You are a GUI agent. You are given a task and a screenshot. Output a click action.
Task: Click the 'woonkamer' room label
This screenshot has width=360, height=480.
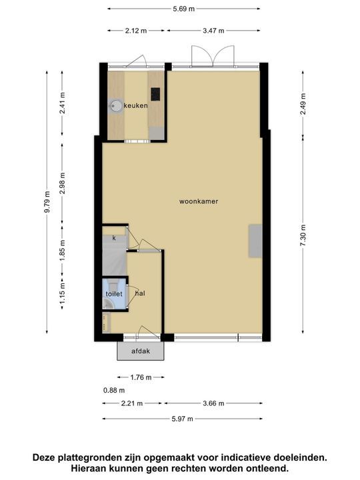click(x=199, y=201)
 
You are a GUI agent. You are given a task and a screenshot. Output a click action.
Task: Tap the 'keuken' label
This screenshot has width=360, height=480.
click(x=135, y=105)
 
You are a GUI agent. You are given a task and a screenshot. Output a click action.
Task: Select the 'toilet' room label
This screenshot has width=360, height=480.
click(x=113, y=293)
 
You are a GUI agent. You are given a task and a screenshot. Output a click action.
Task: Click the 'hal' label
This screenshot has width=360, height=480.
click(x=140, y=293)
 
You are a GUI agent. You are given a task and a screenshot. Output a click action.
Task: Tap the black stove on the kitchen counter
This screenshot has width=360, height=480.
click(x=155, y=94)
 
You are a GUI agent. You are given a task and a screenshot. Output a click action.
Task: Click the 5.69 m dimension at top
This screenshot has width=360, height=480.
click(x=183, y=9)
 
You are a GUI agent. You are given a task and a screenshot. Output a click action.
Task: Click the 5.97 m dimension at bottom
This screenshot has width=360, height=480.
click(x=181, y=419)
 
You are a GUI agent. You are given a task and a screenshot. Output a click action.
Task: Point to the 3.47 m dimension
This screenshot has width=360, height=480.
click(x=213, y=31)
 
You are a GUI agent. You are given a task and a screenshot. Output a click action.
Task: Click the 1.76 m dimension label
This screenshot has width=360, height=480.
click(x=140, y=377)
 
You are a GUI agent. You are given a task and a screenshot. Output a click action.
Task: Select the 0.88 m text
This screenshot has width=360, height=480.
click(x=114, y=391)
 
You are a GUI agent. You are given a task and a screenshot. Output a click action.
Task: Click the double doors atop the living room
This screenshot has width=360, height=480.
click(x=204, y=56)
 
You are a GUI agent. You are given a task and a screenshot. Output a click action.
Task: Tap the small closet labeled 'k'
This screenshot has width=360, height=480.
click(x=114, y=238)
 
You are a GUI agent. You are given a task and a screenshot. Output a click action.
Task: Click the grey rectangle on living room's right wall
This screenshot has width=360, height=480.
click(x=256, y=241)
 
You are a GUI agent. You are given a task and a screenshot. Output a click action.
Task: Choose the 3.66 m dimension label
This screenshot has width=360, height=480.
click(x=213, y=403)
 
